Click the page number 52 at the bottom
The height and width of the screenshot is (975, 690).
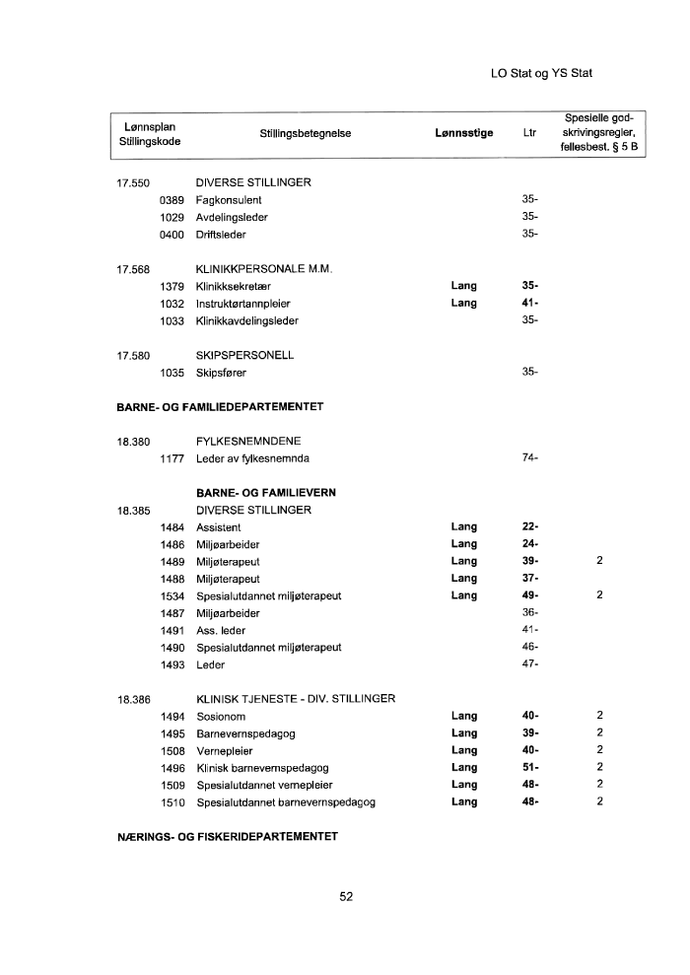coord(346,896)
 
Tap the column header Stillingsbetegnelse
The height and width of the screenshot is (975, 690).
coord(306,133)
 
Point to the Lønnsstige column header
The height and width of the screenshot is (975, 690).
coord(463,133)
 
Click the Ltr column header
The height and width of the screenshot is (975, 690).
coord(529,133)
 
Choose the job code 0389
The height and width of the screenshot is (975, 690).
coord(172,200)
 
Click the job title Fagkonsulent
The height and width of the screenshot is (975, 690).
coord(229,200)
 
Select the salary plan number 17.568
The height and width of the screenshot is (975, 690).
coord(133,269)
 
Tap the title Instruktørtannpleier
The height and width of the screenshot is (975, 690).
coord(243,304)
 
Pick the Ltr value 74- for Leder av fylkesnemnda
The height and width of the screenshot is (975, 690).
coord(529,458)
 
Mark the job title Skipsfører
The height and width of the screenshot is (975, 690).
coord(222,373)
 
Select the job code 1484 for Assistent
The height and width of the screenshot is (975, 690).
coord(172,527)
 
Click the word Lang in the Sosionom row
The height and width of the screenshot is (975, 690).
coord(463,716)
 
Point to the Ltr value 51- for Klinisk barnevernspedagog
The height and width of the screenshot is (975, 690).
coord(529,767)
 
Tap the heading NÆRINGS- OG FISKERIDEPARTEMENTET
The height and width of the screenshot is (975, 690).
coord(221,837)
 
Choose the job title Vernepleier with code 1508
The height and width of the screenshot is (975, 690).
coord(225,750)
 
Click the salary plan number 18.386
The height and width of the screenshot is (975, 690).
coord(133,699)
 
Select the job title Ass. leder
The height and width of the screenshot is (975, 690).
coord(221,630)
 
